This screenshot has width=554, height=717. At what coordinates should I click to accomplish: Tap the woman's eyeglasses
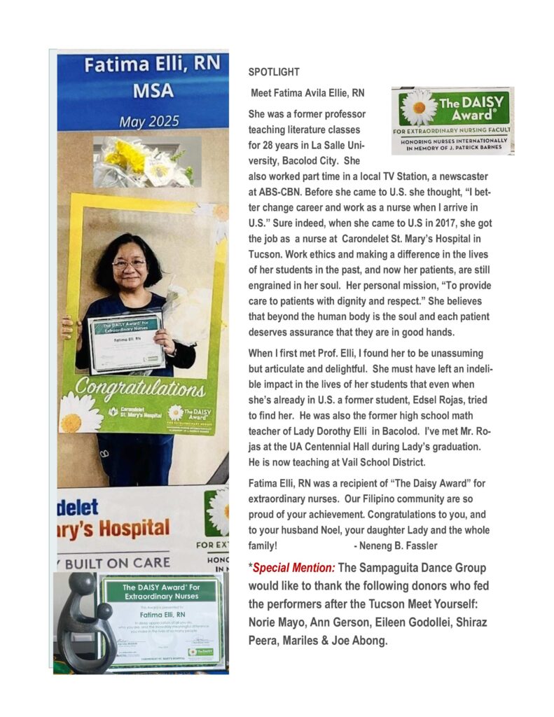[129, 264]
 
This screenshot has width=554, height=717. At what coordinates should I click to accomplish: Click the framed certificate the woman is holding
[126, 341]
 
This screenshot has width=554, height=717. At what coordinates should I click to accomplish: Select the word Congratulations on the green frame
[140, 387]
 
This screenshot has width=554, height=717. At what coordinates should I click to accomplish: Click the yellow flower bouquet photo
[146, 161]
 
